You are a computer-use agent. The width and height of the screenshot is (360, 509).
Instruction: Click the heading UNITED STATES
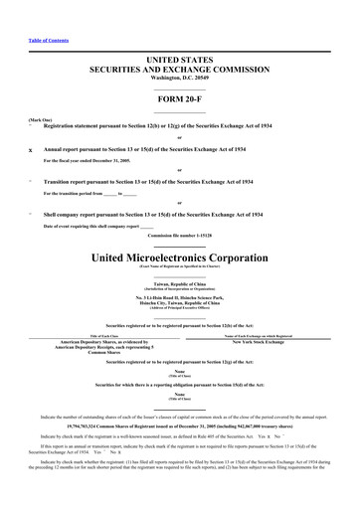179,61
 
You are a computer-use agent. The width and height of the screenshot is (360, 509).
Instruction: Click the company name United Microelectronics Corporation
179,257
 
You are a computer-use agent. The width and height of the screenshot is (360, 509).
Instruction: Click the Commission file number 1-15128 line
179,236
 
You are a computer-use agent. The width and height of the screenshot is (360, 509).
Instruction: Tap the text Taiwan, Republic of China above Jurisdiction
179,284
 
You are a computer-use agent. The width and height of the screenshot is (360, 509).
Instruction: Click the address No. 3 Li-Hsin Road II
179,299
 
